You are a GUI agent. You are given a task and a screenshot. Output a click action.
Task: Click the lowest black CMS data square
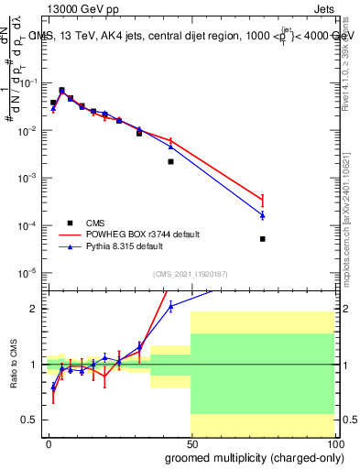coord(262,239)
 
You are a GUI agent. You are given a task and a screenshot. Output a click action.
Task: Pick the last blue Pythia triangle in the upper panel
coord(262,215)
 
